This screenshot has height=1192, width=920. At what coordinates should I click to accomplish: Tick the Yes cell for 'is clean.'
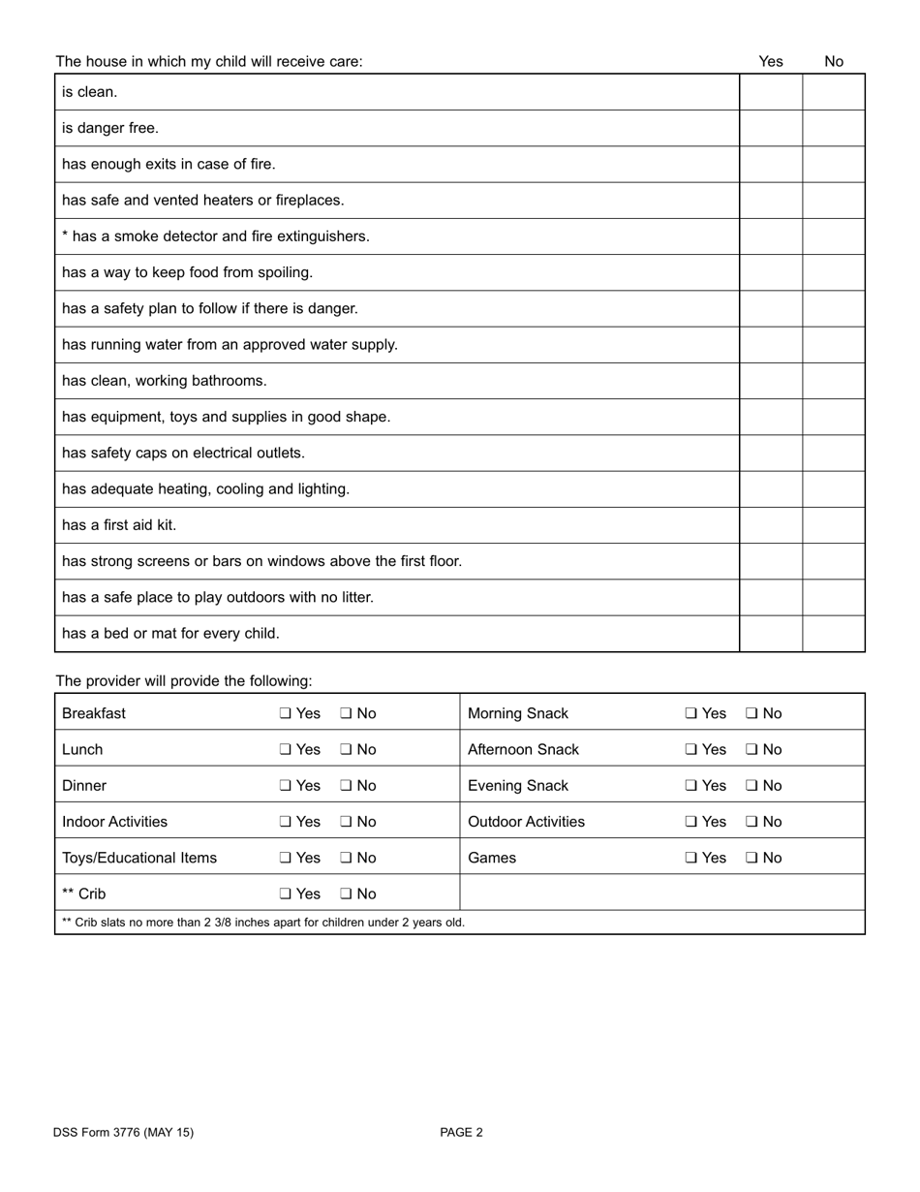click(x=771, y=92)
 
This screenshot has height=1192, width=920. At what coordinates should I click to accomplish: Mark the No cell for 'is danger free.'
click(x=834, y=128)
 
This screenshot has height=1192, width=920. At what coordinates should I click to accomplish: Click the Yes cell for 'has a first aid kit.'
click(x=771, y=525)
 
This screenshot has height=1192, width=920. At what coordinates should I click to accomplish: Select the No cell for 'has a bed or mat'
click(x=834, y=634)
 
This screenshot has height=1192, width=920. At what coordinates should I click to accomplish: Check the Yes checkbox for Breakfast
click(x=286, y=713)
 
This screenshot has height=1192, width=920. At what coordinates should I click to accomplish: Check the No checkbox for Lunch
click(x=347, y=750)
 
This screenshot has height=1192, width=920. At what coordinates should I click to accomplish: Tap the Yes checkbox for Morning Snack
click(x=691, y=713)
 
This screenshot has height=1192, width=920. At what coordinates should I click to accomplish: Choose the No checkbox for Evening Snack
click(x=752, y=786)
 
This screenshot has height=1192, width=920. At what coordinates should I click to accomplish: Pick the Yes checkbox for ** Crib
click(x=286, y=894)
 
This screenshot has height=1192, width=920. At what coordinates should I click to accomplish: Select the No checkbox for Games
click(x=752, y=859)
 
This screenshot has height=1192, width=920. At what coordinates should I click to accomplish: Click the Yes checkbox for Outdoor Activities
click(x=691, y=822)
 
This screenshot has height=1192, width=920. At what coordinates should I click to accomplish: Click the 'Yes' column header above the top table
click(x=771, y=61)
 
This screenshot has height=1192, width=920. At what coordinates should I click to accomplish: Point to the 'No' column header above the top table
click(x=834, y=61)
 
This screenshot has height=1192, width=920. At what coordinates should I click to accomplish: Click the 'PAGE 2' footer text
click(x=461, y=1132)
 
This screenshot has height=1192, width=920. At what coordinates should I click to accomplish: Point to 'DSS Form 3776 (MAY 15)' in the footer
click(x=124, y=1132)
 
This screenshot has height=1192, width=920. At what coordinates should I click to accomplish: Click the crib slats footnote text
click(x=263, y=923)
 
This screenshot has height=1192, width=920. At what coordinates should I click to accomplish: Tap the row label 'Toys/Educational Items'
click(x=139, y=858)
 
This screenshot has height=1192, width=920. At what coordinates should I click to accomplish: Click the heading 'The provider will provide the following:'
click(x=184, y=681)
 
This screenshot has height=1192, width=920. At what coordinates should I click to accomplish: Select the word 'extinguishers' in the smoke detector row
click(x=325, y=236)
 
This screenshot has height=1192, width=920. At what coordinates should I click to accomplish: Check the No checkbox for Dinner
click(x=347, y=786)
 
